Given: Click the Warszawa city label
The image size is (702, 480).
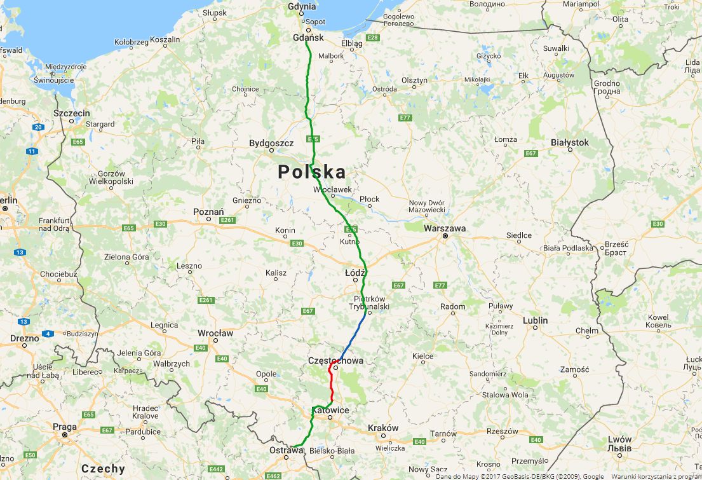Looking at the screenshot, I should point(445,228).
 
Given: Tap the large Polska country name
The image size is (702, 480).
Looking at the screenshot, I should point(312,172).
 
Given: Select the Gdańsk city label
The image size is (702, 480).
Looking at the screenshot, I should point(309,38).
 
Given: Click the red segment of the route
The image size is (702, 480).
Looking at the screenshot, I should point(332,385).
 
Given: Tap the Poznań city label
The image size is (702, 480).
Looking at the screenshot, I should point(208,212).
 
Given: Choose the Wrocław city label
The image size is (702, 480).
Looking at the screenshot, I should point(215,333).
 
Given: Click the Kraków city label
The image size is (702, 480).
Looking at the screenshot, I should point(383,428).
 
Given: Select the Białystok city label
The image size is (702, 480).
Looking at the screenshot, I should point(570,142).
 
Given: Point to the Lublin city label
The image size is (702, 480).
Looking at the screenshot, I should point(535,320).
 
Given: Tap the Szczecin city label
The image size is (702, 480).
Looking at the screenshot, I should point(72,113).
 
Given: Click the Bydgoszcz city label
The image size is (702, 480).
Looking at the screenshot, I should point(271,143).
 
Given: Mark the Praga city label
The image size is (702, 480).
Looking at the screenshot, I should point(65,427).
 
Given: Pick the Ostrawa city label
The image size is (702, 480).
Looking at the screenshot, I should point(287,450).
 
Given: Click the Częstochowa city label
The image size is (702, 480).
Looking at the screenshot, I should point(335,360).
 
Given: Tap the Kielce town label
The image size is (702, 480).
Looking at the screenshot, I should point(422,356).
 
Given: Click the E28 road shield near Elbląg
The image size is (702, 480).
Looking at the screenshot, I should point(373,38).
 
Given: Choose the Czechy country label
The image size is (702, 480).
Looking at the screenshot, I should point(103,469).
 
